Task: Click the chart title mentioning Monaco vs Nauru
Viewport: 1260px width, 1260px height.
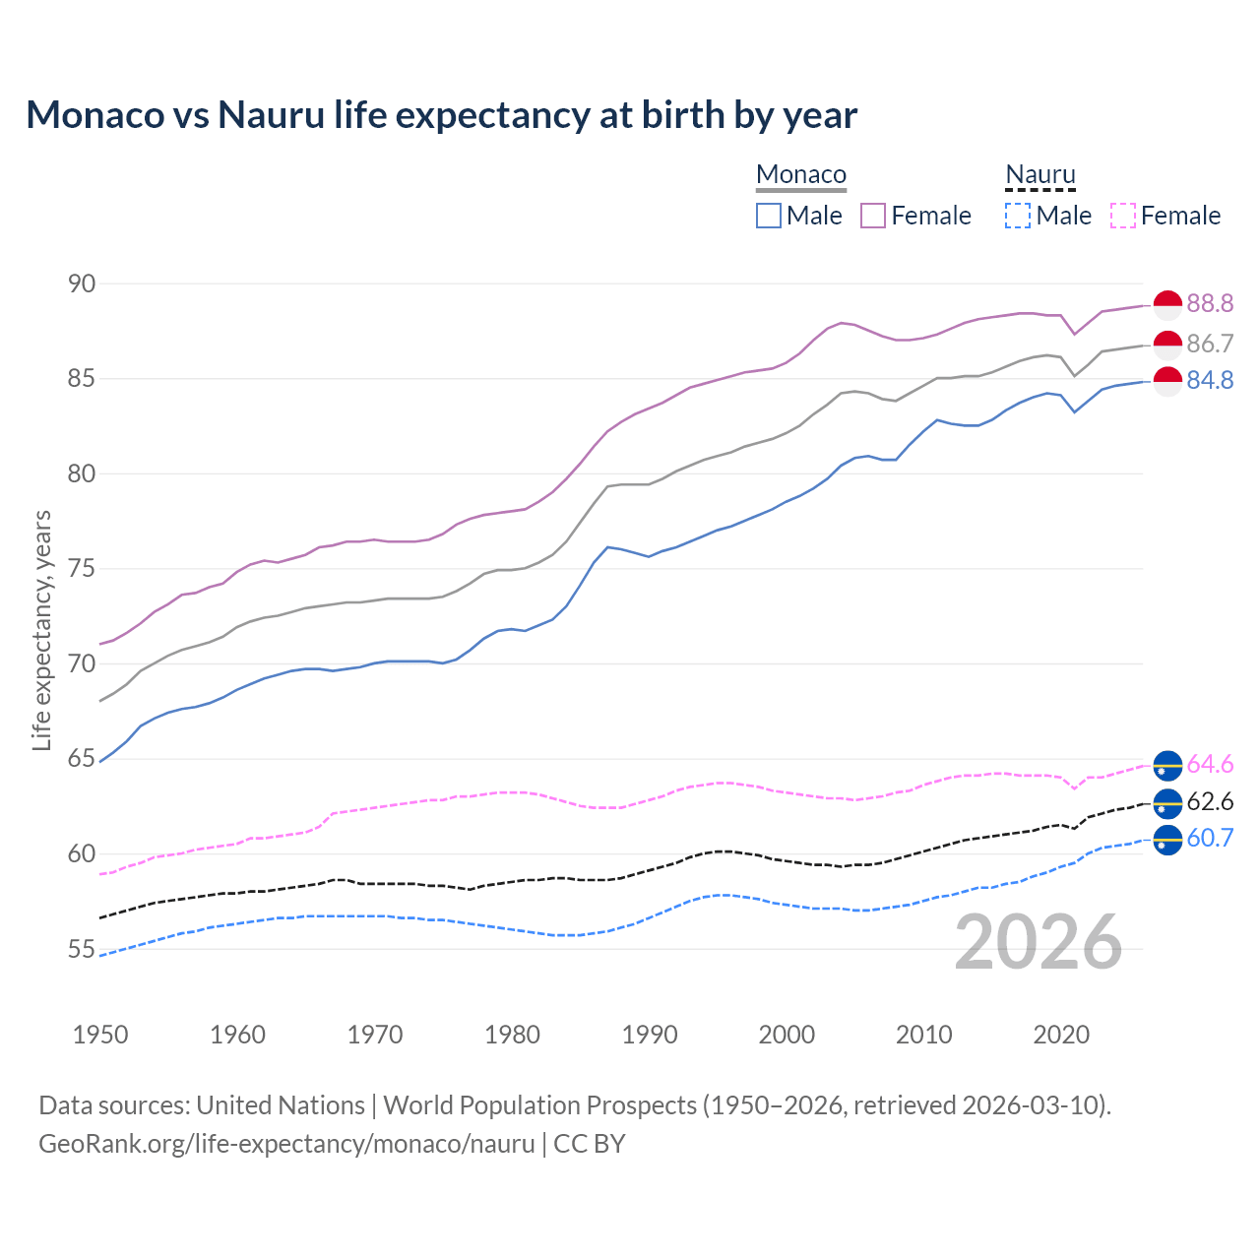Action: pos(441,115)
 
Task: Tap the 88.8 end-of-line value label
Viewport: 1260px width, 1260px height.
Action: pos(1210,303)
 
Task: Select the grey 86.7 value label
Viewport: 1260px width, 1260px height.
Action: pos(1210,344)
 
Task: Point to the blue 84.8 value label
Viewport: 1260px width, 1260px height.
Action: pos(1210,380)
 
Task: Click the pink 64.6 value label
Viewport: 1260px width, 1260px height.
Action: pos(1210,764)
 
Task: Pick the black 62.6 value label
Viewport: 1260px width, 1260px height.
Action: pos(1210,801)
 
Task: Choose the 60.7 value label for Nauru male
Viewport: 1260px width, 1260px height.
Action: pos(1210,838)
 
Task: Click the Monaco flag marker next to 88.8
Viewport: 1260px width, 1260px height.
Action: pos(1167,305)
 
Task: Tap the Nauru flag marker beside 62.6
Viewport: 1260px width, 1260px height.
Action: pos(1167,803)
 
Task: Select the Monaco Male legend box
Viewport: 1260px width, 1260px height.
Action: pos(769,216)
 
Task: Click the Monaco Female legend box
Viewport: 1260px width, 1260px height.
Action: pos(873,216)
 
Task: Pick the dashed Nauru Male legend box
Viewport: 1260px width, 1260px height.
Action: pos(1018,216)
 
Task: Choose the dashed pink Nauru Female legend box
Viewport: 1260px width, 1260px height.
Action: pos(1123,216)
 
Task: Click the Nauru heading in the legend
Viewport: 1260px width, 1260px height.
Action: pos(1040,175)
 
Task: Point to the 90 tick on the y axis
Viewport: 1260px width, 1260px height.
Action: pos(82,283)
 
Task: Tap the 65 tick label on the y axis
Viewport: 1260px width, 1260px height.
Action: pos(82,759)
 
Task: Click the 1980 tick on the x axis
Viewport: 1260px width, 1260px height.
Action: pos(512,1035)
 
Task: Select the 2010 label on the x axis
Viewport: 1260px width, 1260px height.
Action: pos(923,1035)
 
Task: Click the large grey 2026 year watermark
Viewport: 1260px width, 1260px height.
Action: pos(1039,943)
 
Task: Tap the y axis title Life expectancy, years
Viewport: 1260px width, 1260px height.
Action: pos(41,630)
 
